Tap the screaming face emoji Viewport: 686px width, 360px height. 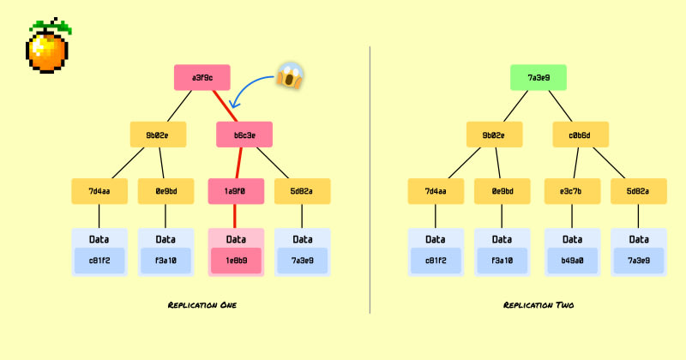290,77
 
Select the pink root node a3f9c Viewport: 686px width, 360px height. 202,78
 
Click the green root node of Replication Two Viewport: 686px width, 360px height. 538,78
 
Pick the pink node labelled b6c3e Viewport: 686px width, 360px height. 244,135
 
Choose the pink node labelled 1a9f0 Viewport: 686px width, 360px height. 236,191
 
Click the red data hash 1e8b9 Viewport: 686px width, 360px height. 236,261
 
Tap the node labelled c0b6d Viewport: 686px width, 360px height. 580,135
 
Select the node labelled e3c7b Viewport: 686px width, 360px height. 572,191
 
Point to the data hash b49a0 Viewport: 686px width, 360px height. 572,261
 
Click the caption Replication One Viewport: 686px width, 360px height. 202,305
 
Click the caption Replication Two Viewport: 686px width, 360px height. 538,305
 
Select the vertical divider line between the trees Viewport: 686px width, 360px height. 370,180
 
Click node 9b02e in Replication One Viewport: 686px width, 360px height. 159,135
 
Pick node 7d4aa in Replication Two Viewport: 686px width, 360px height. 436,191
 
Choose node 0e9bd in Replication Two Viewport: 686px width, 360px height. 502,191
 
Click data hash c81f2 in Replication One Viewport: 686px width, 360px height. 99,261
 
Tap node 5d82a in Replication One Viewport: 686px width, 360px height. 302,191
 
